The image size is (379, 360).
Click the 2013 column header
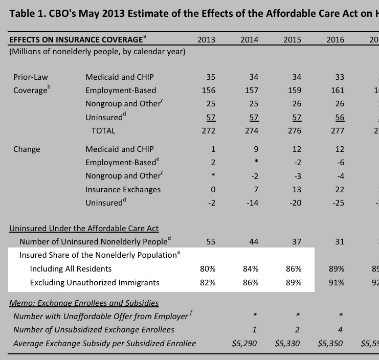(x=206, y=39)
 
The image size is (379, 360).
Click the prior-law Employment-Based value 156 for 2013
(x=209, y=90)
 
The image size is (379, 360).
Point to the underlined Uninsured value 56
(x=340, y=117)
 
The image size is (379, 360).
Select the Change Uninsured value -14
(x=252, y=203)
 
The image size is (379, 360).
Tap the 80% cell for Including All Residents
(x=208, y=268)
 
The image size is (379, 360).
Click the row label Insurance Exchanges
(x=123, y=190)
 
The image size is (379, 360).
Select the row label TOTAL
(x=103, y=130)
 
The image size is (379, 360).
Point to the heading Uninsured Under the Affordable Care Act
(x=84, y=229)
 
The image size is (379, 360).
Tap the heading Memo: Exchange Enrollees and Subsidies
(x=84, y=303)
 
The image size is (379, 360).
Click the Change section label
(x=27, y=149)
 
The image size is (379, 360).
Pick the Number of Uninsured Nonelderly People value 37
(x=297, y=241)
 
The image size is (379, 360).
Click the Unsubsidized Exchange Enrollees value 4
(x=340, y=330)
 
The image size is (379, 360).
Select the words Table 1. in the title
(x=26, y=13)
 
